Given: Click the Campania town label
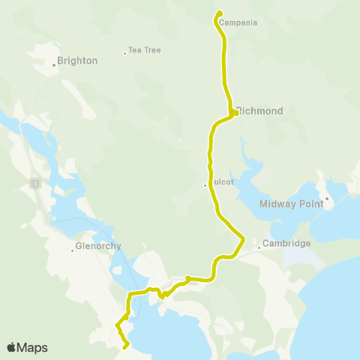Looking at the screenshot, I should pyautogui.click(x=240, y=22).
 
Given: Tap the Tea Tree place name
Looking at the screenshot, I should pyautogui.click(x=145, y=50).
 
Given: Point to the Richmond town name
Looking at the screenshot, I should pyautogui.click(x=260, y=111).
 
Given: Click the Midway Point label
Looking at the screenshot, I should pyautogui.click(x=292, y=203).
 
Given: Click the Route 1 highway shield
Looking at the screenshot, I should pyautogui.click(x=34, y=182).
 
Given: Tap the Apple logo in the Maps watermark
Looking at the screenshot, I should pyautogui.click(x=12, y=347).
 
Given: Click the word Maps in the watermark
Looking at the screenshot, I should pyautogui.click(x=33, y=347).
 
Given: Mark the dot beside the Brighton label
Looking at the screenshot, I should pyautogui.click(x=55, y=65).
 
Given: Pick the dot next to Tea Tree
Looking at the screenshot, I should pyautogui.click(x=124, y=52).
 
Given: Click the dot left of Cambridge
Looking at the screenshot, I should pyautogui.click(x=259, y=247).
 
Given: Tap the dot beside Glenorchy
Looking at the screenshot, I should pyautogui.click(x=72, y=250).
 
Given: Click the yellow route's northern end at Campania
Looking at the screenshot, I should pyautogui.click(x=219, y=13).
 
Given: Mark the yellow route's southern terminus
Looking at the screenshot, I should pyautogui.click(x=125, y=346).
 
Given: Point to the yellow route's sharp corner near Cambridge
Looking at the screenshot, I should pyautogui.click(x=244, y=238).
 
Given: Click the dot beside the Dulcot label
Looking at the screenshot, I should pyautogui.click(x=205, y=185).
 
